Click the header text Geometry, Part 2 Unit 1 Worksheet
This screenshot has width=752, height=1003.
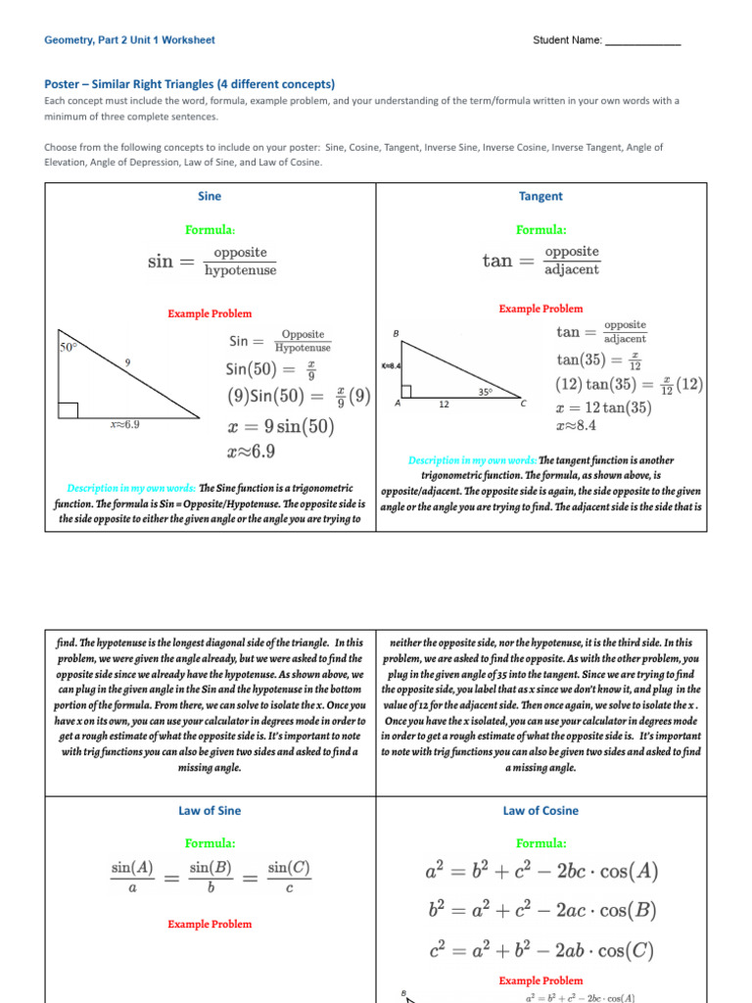(x=129, y=40)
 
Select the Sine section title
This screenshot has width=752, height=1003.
(x=210, y=196)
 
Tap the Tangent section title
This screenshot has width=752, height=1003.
(x=540, y=196)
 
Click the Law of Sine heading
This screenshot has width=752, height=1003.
(x=210, y=811)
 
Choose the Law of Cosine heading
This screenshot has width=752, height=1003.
(x=540, y=811)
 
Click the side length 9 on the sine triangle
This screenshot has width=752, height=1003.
(x=127, y=362)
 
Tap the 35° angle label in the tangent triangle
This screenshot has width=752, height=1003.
(x=484, y=391)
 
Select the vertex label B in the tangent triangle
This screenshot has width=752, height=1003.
(x=396, y=334)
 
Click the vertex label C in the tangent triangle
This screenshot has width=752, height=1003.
(x=523, y=404)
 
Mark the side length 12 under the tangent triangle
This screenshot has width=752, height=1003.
(x=444, y=404)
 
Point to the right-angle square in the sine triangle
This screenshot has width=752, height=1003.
(x=68, y=409)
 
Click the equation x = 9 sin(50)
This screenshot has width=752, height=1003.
(x=280, y=426)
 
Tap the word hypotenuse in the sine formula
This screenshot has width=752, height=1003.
(x=238, y=270)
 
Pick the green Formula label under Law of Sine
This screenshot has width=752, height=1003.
(x=210, y=842)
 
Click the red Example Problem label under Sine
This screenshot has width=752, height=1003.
(x=210, y=313)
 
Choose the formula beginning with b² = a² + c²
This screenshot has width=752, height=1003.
(x=540, y=910)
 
